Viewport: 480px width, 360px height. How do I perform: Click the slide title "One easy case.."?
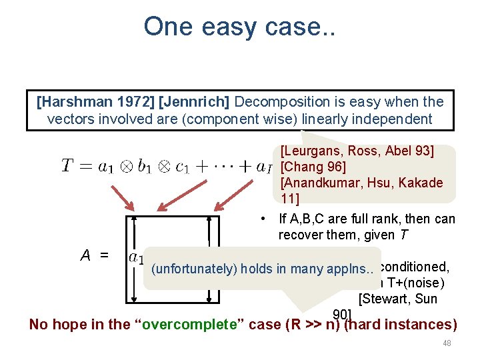pyautogui.click(x=239, y=27)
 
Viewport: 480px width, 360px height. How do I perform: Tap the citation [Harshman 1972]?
pyautogui.click(x=89, y=102)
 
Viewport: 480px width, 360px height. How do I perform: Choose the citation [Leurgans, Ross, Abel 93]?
pyautogui.click(x=357, y=151)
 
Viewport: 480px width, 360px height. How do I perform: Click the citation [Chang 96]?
pyautogui.click(x=313, y=167)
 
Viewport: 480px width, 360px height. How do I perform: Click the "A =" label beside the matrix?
pyautogui.click(x=95, y=255)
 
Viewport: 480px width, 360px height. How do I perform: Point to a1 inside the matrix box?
pyautogui.click(x=136, y=257)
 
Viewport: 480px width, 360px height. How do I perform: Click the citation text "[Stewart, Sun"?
pyautogui.click(x=397, y=299)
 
